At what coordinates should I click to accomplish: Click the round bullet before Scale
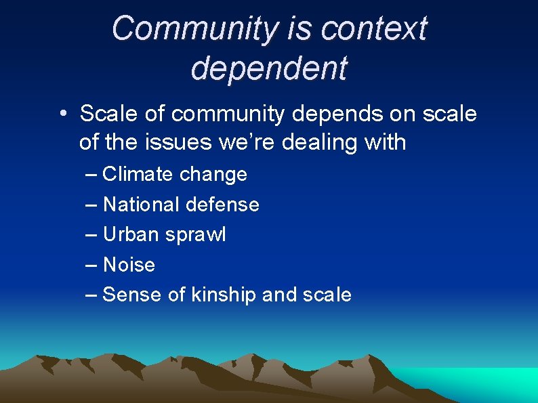click(x=62, y=114)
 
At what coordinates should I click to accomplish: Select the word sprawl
click(x=195, y=235)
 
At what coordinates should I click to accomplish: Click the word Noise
click(x=129, y=265)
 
